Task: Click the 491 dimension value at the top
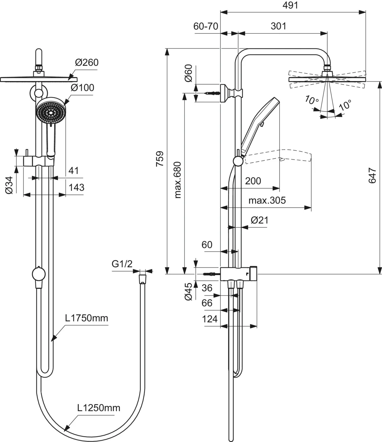tap(290, 5)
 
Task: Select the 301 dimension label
tap(279, 26)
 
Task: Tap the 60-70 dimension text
tap(206, 26)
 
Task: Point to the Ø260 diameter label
tap(87, 62)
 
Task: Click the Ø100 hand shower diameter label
tap(82, 88)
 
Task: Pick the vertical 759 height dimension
tap(160, 159)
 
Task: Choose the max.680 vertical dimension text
tap(177, 180)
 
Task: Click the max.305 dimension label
tap(267, 200)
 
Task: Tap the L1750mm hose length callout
tap(87, 318)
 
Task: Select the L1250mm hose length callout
tap(99, 408)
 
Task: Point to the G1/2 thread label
tap(122, 264)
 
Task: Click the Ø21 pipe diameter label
tap(259, 220)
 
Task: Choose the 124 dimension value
tap(210, 319)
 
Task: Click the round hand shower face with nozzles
tap(51, 111)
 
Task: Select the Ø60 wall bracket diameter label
tap(189, 73)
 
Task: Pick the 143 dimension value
tap(76, 187)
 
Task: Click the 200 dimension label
tap(253, 181)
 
